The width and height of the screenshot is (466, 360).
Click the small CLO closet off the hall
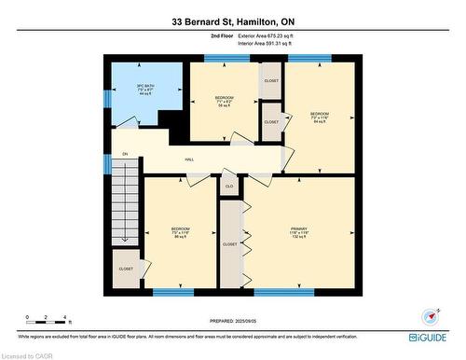pyautogui.click(x=228, y=187)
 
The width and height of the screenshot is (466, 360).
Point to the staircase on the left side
pyautogui.click(x=124, y=211)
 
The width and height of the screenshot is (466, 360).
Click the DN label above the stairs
pyautogui.click(x=125, y=154)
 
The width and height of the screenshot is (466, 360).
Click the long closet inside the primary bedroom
pyautogui.click(x=230, y=244)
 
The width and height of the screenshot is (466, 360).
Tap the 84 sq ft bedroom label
pyautogui.click(x=319, y=117)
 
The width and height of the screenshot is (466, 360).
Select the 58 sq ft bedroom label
pyautogui.click(x=224, y=102)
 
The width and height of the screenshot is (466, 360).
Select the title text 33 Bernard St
pyautogui.click(x=232, y=21)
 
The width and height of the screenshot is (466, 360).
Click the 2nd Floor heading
pyautogui.click(x=196, y=35)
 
